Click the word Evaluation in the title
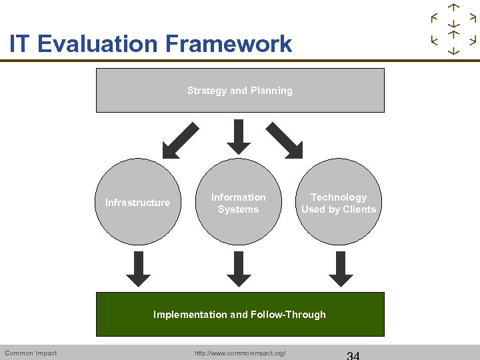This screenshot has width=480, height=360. [99, 45]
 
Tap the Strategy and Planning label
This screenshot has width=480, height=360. [240, 91]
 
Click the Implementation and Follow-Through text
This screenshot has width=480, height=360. [240, 315]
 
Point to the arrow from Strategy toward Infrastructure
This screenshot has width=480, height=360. [181, 140]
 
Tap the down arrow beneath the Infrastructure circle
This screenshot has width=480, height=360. [138, 269]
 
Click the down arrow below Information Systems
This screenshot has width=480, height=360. [239, 269]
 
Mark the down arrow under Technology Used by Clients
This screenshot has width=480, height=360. [341, 269]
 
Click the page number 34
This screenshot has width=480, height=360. [353, 354]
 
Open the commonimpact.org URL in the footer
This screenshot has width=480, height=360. [240, 353]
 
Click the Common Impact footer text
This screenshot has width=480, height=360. [31, 353]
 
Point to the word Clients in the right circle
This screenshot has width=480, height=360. [360, 209]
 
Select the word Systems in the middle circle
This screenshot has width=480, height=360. [238, 209]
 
